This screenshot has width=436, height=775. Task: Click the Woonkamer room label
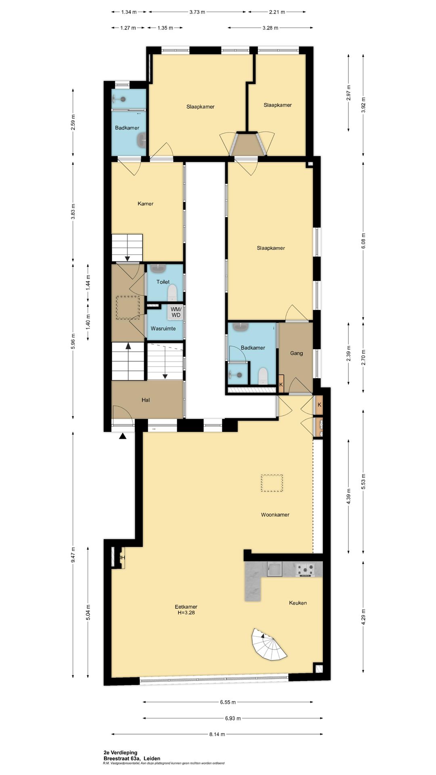tap(275, 515)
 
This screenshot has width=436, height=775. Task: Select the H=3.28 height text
tap(186, 612)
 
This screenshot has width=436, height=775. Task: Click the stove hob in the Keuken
tap(305, 570)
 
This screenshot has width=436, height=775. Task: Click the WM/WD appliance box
tap(176, 312)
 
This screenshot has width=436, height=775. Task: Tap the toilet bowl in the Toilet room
tap(172, 293)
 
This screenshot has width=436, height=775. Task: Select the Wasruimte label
tap(163, 329)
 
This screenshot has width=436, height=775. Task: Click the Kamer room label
tap(145, 204)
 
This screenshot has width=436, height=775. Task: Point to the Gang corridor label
tap(296, 353)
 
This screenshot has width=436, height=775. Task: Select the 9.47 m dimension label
tap(73, 555)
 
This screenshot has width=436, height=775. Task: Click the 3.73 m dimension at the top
tap(197, 12)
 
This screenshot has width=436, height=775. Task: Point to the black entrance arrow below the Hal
tap(123, 436)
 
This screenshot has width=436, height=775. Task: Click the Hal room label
tap(146, 400)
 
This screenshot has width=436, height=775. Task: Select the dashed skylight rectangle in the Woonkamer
tap(272, 483)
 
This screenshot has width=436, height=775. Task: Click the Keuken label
tap(298, 603)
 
